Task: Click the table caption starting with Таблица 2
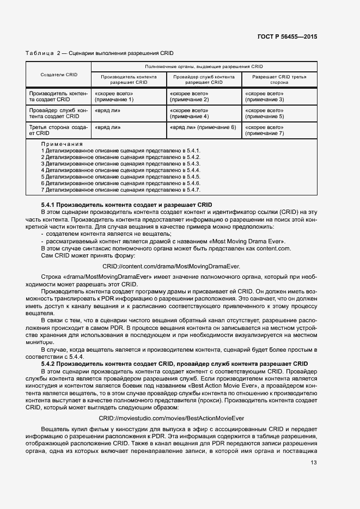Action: pyautogui.click(x=99, y=53)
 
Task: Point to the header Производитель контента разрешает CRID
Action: pyautogui.click(x=129, y=79)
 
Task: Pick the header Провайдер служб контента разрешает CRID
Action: pyautogui.click(x=204, y=79)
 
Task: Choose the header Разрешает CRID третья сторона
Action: pyautogui.click(x=279, y=79)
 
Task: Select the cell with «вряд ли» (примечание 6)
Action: pyautogui.click(x=203, y=127)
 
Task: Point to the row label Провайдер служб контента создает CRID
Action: pyautogui.click(x=58, y=113)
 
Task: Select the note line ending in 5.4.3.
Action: pyautogui.click(x=121, y=163)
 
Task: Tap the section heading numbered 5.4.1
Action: pyautogui.click(x=119, y=204)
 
